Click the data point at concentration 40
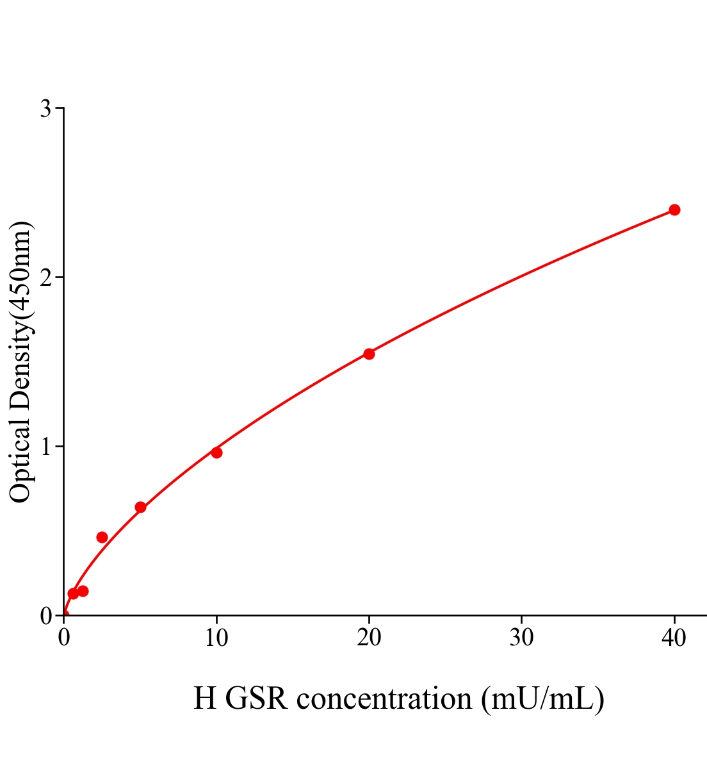pos(674,210)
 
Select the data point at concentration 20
pos(369,354)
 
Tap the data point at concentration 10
pos(216,452)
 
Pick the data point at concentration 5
pos(140,507)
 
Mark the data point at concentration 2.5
pos(102,537)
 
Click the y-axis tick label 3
pos(45,109)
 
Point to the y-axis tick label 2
pos(45,277)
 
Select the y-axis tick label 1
pos(45,447)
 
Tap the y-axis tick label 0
pos(45,616)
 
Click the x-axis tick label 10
pos(216,638)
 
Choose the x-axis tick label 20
pos(369,638)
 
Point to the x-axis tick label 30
pos(522,638)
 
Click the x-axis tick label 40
pos(674,638)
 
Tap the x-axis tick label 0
pos(64,638)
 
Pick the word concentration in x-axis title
pos(384,699)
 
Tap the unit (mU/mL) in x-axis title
pos(543,699)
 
